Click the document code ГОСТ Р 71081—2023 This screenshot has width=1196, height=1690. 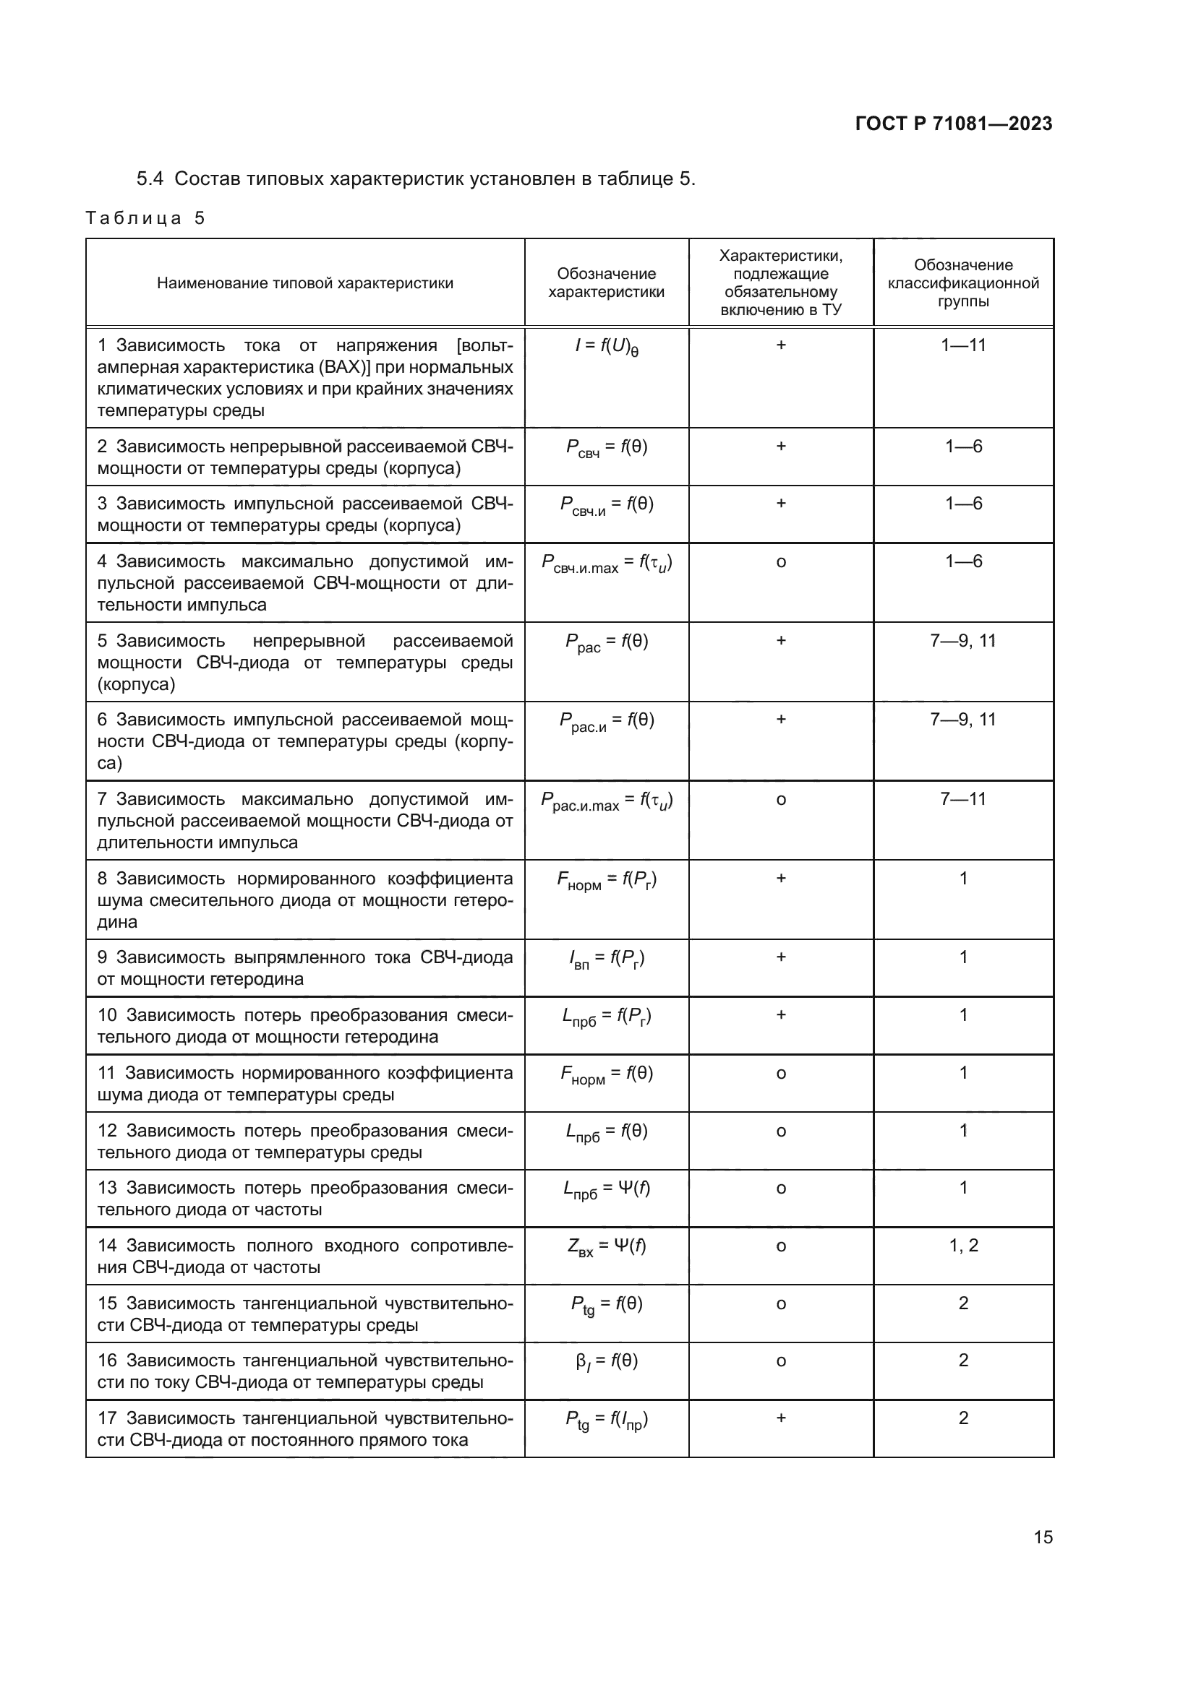click(x=954, y=124)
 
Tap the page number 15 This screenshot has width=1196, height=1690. click(x=1043, y=1537)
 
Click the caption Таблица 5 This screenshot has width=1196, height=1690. click(x=145, y=218)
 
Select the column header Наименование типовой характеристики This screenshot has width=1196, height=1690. click(x=305, y=283)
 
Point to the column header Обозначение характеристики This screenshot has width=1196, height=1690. click(x=606, y=283)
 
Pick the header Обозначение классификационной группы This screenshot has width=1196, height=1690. click(x=963, y=283)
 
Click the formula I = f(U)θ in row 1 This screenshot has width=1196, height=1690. click(x=606, y=347)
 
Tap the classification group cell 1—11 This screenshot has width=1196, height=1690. click(x=963, y=345)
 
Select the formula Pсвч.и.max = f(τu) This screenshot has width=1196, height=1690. click(x=606, y=564)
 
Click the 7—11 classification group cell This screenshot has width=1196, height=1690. click(x=963, y=799)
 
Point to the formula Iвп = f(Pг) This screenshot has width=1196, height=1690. click(x=606, y=959)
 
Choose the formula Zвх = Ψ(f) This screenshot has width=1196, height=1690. click(x=606, y=1248)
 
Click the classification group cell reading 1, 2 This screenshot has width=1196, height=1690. click(x=963, y=1246)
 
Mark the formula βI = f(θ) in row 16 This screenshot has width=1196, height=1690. click(x=606, y=1363)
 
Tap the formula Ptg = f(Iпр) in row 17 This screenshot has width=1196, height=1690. click(x=606, y=1420)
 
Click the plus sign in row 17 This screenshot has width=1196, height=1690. click(x=781, y=1418)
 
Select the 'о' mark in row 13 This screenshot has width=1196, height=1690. click(x=781, y=1189)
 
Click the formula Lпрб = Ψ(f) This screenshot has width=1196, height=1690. click(x=606, y=1189)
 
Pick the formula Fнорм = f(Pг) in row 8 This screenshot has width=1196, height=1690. click(x=606, y=880)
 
